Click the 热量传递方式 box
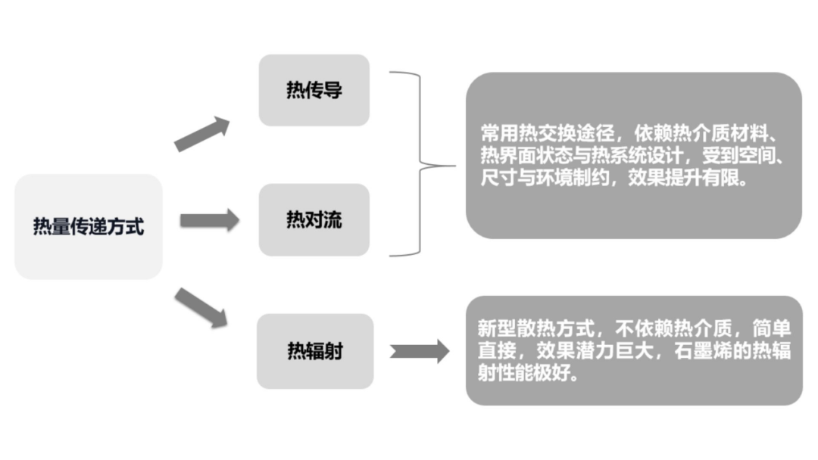[x=89, y=226]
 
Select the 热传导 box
[x=314, y=90]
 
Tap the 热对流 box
[x=314, y=219]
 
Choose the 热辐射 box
[x=314, y=351]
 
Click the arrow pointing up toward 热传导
[x=201, y=134]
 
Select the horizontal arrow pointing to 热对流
[x=209, y=221]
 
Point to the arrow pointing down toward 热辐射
[x=201, y=306]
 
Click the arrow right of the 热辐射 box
[x=420, y=351]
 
